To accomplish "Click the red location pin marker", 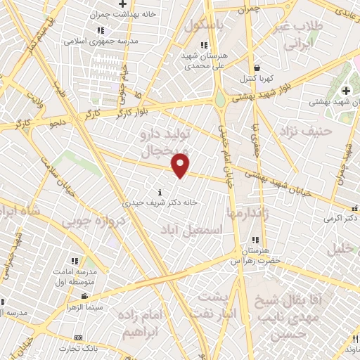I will coord(181,165).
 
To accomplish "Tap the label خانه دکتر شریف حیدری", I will coord(161,202).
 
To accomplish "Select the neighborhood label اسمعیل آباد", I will coord(191,230).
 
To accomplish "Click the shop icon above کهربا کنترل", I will coord(258,67).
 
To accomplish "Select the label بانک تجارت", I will coord(77,349).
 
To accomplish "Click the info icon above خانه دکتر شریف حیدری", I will coord(161,191).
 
